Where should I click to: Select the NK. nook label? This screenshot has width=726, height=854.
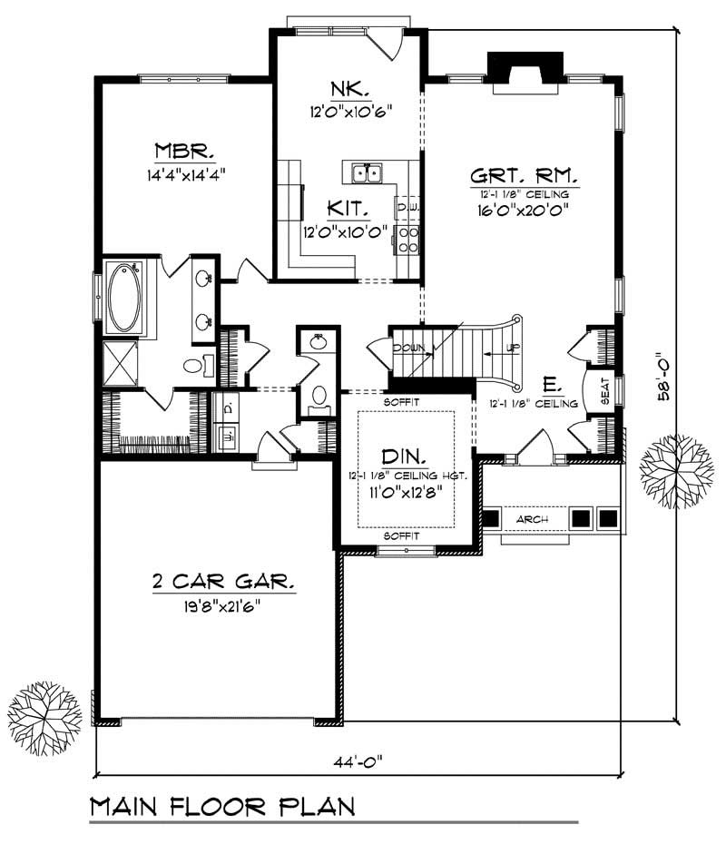(x=348, y=90)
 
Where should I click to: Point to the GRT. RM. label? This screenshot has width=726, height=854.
(x=525, y=174)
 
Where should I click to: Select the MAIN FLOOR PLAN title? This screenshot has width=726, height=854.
(x=221, y=806)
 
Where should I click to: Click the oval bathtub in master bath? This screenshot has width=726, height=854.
(x=124, y=297)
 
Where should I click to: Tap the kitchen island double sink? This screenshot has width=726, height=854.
(x=367, y=172)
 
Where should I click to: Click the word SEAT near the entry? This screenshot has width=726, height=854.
(x=604, y=390)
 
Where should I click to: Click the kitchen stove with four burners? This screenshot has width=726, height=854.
(x=407, y=239)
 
